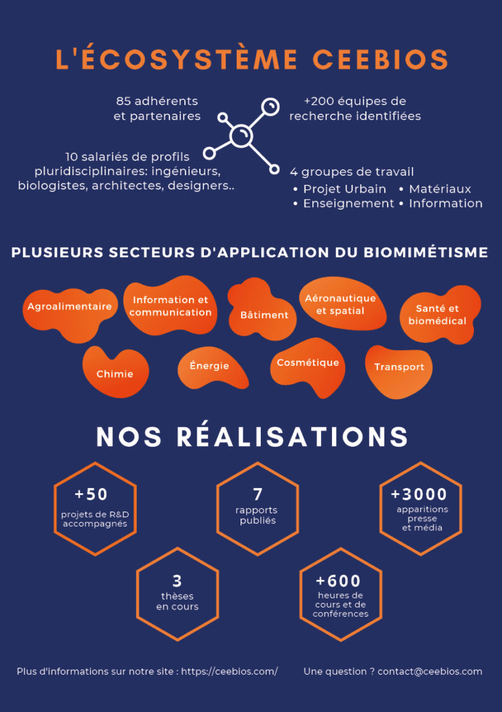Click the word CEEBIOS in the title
click(x=380, y=59)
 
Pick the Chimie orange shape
click(x=116, y=372)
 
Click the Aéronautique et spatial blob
click(x=342, y=304)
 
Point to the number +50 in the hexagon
click(x=91, y=494)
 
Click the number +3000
click(x=419, y=494)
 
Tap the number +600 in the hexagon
click(x=338, y=581)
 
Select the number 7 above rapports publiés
click(x=258, y=494)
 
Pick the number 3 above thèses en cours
click(x=177, y=581)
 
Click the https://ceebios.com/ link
click(x=229, y=671)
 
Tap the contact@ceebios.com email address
click(x=429, y=671)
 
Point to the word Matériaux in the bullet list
click(x=440, y=189)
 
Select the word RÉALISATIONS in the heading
click(x=292, y=436)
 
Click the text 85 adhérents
click(x=157, y=101)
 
